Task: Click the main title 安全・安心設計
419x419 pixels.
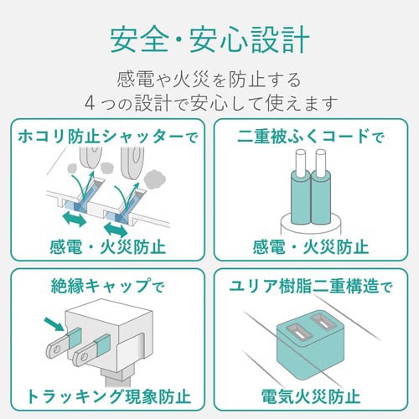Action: [209, 40]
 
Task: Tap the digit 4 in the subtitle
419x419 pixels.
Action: [90, 103]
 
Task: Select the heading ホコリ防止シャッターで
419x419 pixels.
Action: [108, 137]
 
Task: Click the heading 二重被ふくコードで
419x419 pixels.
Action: [311, 137]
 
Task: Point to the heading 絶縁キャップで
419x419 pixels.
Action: [108, 286]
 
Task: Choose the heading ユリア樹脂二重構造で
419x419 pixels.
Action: [311, 287]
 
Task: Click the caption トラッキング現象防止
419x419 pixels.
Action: [108, 396]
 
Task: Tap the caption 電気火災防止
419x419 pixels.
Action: [311, 396]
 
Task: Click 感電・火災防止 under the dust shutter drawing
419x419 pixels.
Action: [108, 247]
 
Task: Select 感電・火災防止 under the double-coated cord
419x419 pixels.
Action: [311, 247]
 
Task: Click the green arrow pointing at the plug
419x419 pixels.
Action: [54, 324]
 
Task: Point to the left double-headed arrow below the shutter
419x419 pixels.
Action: [74, 219]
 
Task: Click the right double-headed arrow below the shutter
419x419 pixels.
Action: [116, 229]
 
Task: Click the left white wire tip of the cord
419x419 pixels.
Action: [301, 162]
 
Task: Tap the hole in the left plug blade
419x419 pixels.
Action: [57, 349]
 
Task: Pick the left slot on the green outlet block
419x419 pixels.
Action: [298, 332]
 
